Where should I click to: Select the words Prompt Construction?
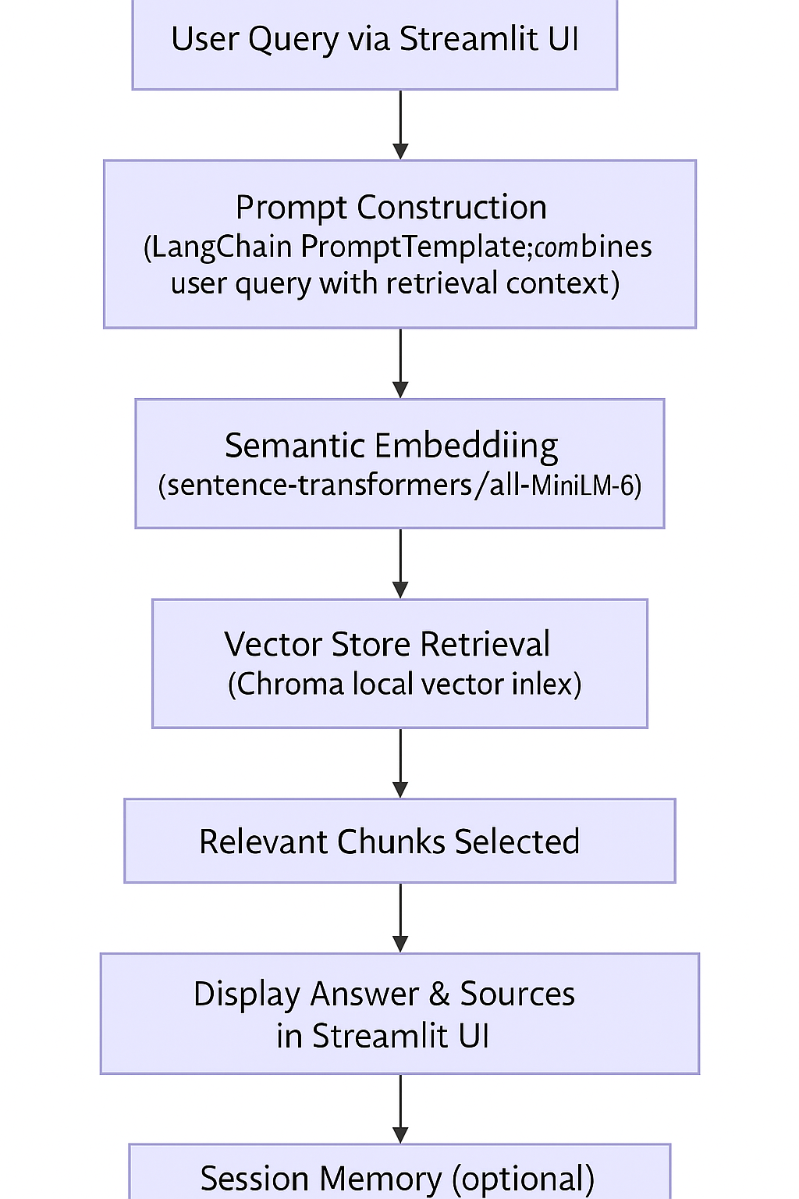click(391, 208)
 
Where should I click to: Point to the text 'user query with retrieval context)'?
click(395, 283)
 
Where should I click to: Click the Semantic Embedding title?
click(391, 446)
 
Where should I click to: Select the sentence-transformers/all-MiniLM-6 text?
click(399, 486)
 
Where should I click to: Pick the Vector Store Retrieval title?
click(387, 645)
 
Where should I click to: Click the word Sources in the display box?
click(517, 994)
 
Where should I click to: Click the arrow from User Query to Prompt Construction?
click(400, 125)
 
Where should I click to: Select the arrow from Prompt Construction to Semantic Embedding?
click(400, 363)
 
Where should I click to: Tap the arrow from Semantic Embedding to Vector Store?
click(400, 564)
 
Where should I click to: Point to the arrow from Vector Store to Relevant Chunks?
click(400, 763)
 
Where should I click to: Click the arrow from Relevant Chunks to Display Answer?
click(400, 917)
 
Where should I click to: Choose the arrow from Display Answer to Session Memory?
click(400, 1108)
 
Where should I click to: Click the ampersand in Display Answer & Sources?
click(439, 994)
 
